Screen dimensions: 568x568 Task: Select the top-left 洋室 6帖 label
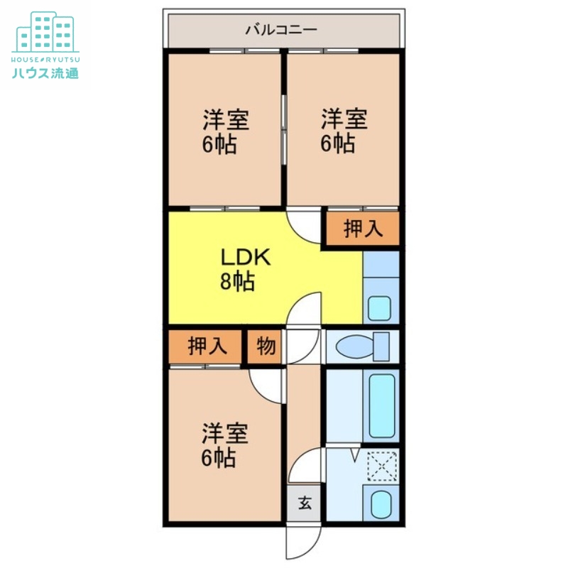tap(225, 132)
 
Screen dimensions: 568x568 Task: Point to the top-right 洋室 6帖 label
tap(343, 131)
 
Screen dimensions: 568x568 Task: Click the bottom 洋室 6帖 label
tap(224, 445)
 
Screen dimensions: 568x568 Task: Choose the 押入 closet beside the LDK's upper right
tap(363, 229)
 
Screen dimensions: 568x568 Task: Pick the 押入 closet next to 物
tap(207, 346)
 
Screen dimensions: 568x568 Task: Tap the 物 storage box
tap(266, 346)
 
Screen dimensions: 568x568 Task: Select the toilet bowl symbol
tap(361, 346)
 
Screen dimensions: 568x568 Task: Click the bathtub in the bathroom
tap(381, 407)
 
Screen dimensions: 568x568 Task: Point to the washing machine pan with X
tap(381, 467)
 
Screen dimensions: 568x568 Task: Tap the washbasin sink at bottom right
tap(381, 504)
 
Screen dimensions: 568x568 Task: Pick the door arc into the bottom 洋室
tap(268, 384)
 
